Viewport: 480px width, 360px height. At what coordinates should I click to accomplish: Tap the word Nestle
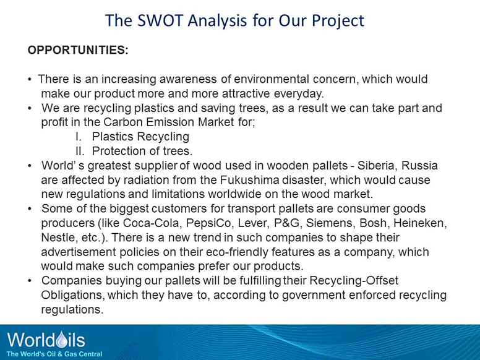58,238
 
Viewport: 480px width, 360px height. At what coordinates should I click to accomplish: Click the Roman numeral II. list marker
79,151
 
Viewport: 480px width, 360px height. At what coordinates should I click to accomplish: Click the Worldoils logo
46,339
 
